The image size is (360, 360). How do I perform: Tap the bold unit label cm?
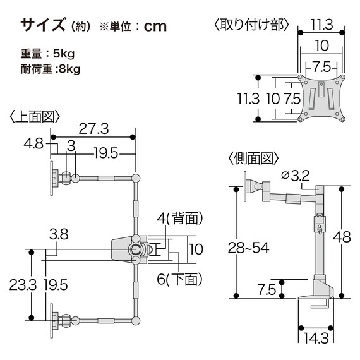click(x=155, y=27)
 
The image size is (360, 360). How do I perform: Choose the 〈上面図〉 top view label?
click(x=35, y=116)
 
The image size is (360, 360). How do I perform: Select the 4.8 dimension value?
click(x=33, y=144)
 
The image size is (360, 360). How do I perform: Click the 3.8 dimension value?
click(x=59, y=234)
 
